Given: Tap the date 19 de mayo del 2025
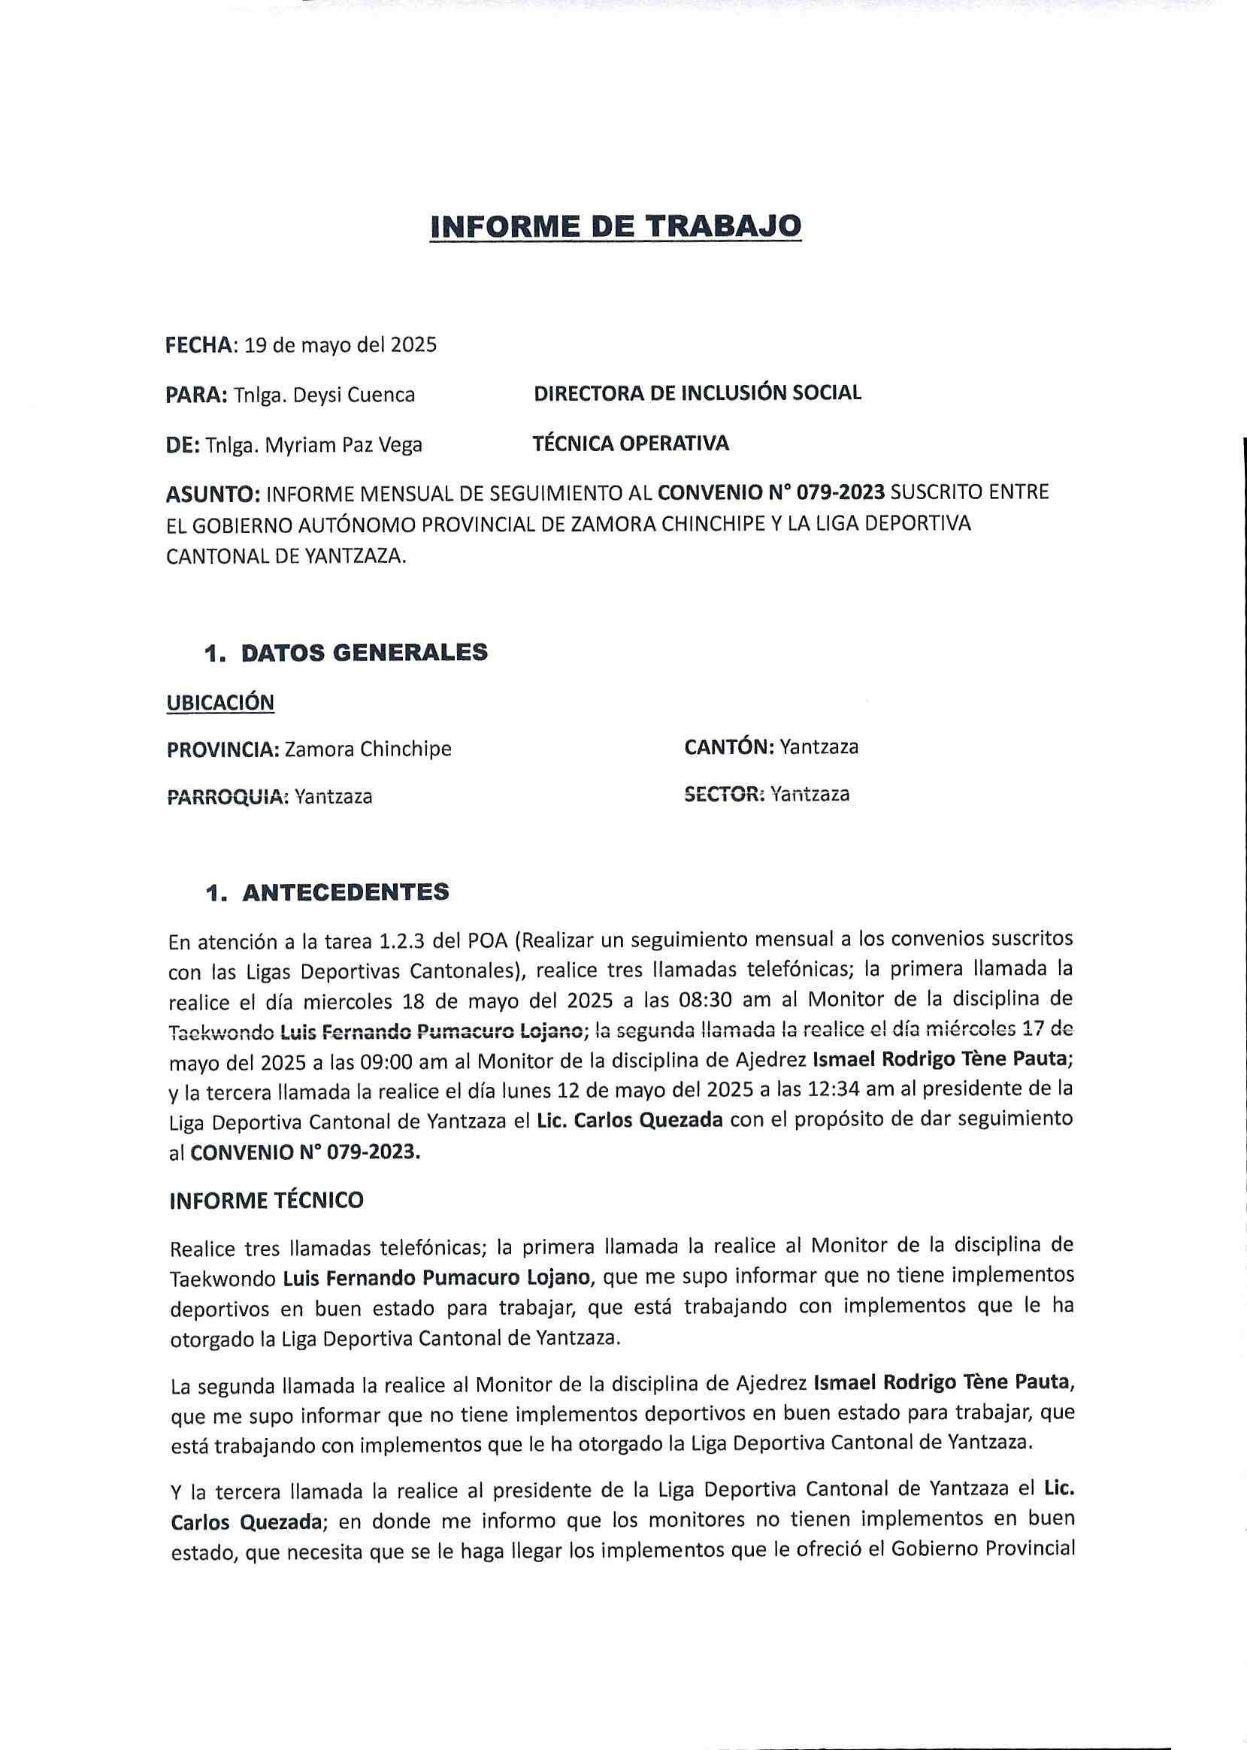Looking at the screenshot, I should [341, 345].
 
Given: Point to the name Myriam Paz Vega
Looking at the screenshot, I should [344, 444].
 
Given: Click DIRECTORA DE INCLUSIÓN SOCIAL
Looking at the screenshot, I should [698, 393].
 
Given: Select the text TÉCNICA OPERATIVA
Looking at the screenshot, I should [631, 443].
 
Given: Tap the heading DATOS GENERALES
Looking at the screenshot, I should [364, 652].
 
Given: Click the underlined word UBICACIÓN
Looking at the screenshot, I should [219, 703].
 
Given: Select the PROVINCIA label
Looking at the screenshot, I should [222, 749].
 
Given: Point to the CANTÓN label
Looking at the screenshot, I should [728, 746].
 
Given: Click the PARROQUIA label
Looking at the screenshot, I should [226, 797].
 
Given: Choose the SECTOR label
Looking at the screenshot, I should [724, 795].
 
